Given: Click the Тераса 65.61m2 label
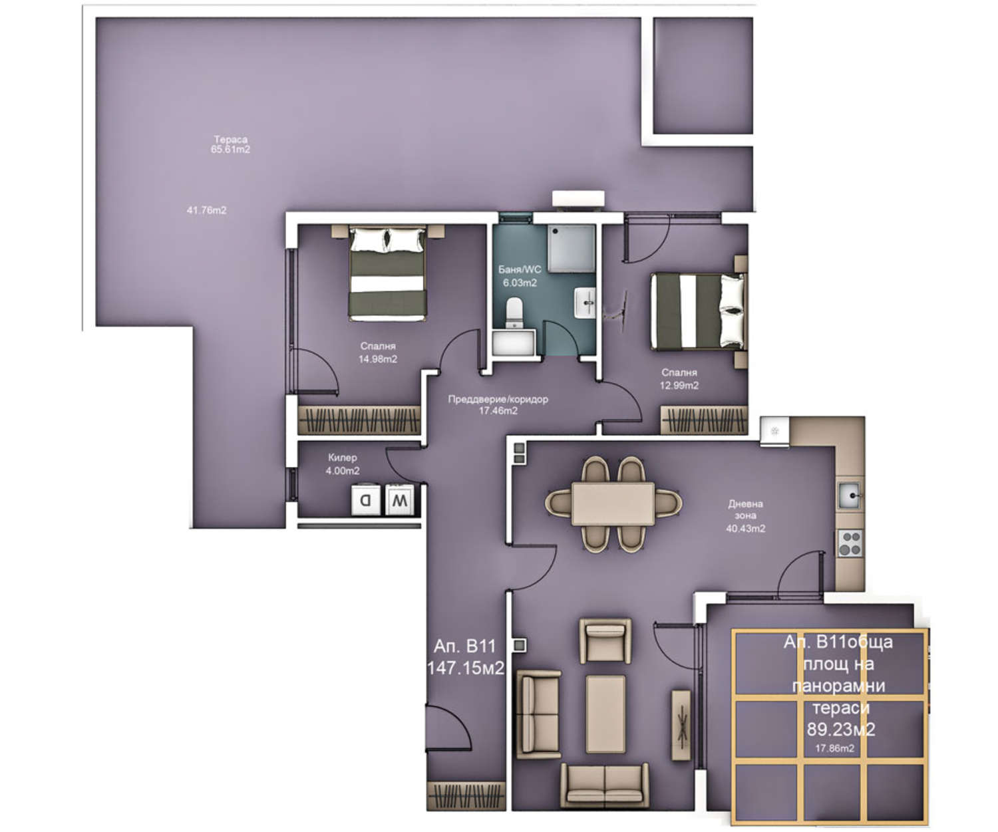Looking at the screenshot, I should pos(230,144).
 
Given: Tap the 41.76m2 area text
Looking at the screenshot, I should pos(206,210).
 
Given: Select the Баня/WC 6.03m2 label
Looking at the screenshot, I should pos(520,276).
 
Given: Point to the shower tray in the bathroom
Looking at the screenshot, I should pos(571,248).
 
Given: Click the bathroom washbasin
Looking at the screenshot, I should pos(585,303).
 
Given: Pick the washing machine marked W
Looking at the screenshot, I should pos(399,500).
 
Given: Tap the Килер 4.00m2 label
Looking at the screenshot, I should pos(342,464).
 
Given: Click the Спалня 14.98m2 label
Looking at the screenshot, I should pos(378,352).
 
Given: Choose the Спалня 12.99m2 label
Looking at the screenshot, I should pos(679,379).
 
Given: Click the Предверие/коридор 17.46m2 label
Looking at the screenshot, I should pos(498,405).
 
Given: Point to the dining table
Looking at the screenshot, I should pos(613,503).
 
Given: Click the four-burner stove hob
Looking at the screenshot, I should pos(850,543).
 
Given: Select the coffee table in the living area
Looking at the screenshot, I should pos(605,714).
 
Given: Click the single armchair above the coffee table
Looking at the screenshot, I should pos(605,640).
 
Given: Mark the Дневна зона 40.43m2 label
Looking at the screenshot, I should pos(745,516).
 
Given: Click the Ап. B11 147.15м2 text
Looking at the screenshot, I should pos(465,657).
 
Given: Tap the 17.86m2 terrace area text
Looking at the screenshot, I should pos(834,748).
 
